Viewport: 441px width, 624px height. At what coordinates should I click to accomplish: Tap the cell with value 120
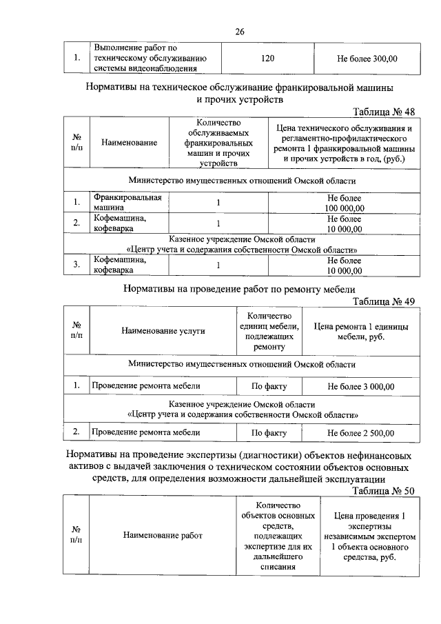coord(268,59)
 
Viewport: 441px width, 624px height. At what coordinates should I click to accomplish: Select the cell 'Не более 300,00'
coord(367,59)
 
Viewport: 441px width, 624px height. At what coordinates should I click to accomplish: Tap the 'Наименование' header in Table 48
coord(129,143)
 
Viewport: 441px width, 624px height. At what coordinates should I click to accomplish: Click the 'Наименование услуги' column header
coord(163,331)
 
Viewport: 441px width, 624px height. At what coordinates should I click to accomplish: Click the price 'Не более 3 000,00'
coord(361,386)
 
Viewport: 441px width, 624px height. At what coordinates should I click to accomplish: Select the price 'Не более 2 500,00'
coord(361,433)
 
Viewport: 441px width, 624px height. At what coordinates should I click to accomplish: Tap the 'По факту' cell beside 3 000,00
coord(269,386)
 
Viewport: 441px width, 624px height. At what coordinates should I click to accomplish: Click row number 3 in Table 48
coord(76,265)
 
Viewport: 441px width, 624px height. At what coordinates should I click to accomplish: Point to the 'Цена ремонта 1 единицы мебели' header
coord(361,331)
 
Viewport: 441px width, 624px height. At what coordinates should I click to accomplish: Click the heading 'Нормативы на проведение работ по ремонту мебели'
coord(240,290)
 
